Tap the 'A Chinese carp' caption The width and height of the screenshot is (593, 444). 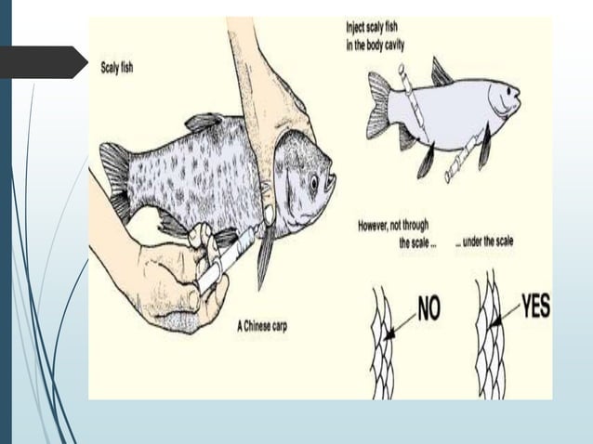261,326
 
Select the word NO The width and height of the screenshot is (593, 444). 427,308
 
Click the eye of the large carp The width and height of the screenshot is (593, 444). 314,182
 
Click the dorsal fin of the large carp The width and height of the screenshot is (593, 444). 204,122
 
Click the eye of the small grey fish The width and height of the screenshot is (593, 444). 502,91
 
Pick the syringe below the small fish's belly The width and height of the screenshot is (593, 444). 462,160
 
